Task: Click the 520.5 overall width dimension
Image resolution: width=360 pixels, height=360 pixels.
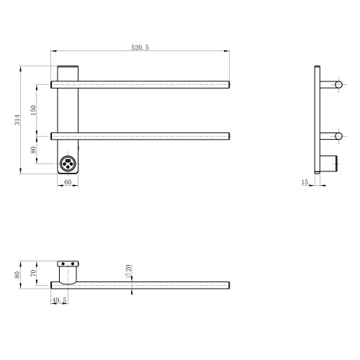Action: point(140,48)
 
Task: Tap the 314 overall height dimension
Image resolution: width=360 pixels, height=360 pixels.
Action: point(17,120)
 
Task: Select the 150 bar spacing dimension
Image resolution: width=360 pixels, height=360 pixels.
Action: point(33,110)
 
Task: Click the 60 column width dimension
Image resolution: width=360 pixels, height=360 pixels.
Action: point(68,182)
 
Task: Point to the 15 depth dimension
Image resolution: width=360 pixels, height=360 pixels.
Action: point(305,182)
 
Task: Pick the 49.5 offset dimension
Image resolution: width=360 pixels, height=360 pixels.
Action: point(59,300)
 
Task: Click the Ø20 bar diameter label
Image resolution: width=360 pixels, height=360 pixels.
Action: point(128,271)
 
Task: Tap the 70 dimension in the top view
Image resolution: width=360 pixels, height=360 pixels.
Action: point(33,273)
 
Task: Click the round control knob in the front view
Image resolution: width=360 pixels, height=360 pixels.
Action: point(68,163)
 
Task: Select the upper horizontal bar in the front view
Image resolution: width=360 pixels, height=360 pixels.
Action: point(140,85)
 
